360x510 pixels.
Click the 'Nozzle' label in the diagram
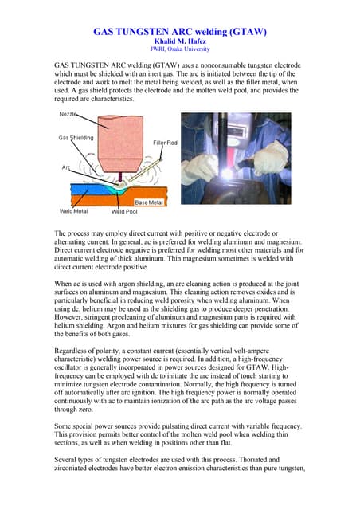pyautogui.click(x=69, y=116)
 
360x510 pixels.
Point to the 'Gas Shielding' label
pyautogui.click(x=76, y=138)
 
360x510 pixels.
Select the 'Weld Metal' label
pyautogui.click(x=74, y=211)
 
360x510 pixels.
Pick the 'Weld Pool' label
pyautogui.click(x=123, y=211)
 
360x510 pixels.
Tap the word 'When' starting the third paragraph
pyautogui.click(x=63, y=283)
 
